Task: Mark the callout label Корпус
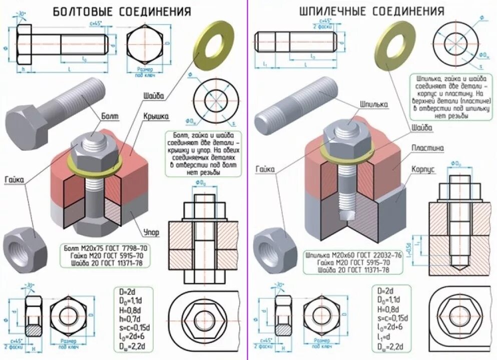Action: (423, 169)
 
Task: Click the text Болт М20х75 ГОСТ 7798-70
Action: (106, 248)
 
